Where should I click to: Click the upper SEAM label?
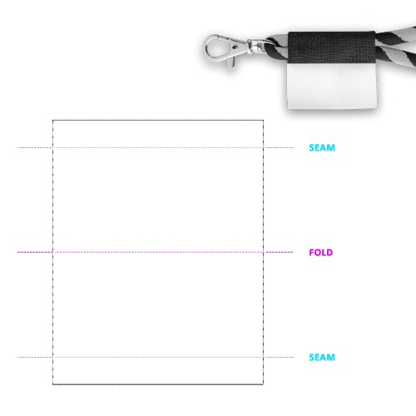322,147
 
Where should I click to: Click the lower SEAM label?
322,357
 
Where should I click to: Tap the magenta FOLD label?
321,252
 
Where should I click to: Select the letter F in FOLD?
311,252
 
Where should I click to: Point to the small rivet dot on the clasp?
235,47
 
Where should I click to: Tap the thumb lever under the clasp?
230,63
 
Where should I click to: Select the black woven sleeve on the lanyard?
332,47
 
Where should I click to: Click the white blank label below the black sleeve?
332,86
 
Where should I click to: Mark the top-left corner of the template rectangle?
53,121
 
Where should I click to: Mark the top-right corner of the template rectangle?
263,121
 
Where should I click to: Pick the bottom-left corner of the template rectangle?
53,384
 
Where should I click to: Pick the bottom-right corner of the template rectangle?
263,384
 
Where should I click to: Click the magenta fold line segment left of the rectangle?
35,252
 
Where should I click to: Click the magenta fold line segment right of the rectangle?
280,252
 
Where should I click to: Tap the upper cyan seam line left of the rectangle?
35,147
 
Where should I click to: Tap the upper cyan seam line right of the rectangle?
279,147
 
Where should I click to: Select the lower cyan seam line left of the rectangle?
35,357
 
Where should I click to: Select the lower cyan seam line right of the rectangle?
279,357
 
